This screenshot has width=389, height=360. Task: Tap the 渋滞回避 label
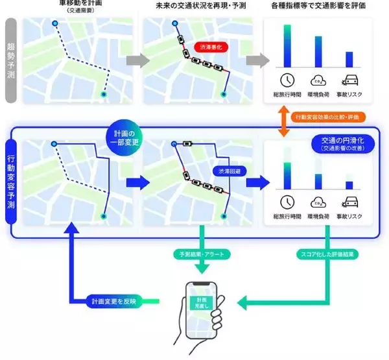(x=226, y=170)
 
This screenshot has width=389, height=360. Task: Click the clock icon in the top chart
(x=287, y=81)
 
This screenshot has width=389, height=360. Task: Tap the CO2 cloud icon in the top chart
(x=318, y=81)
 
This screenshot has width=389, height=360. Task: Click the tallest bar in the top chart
(x=287, y=46)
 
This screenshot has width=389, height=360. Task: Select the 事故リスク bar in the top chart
(x=349, y=59)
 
